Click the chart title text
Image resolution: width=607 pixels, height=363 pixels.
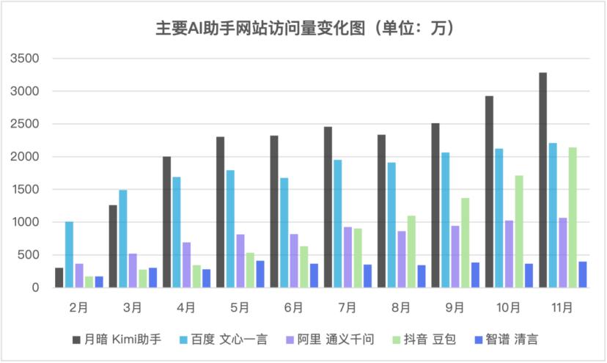tap(303, 28)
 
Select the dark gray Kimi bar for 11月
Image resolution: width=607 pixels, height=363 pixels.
tap(542, 180)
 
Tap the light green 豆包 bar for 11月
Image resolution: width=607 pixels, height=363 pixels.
tap(573, 217)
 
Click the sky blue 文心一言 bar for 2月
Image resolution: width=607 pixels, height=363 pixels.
tap(69, 254)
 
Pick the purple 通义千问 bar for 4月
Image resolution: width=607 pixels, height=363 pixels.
tap(186, 265)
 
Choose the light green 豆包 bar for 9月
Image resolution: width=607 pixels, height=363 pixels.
tap(465, 243)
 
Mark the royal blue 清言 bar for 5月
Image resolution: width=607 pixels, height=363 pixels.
tap(260, 274)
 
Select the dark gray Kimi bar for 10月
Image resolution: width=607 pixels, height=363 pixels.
tap(489, 191)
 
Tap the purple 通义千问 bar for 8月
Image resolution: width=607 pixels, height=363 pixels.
tap(402, 260)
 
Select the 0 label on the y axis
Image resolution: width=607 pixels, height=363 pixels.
tap(34, 287)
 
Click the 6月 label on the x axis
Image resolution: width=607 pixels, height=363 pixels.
tap(294, 307)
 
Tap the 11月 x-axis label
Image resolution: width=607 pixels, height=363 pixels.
tap(563, 307)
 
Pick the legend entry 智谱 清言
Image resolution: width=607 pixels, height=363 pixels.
tap(510, 339)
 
